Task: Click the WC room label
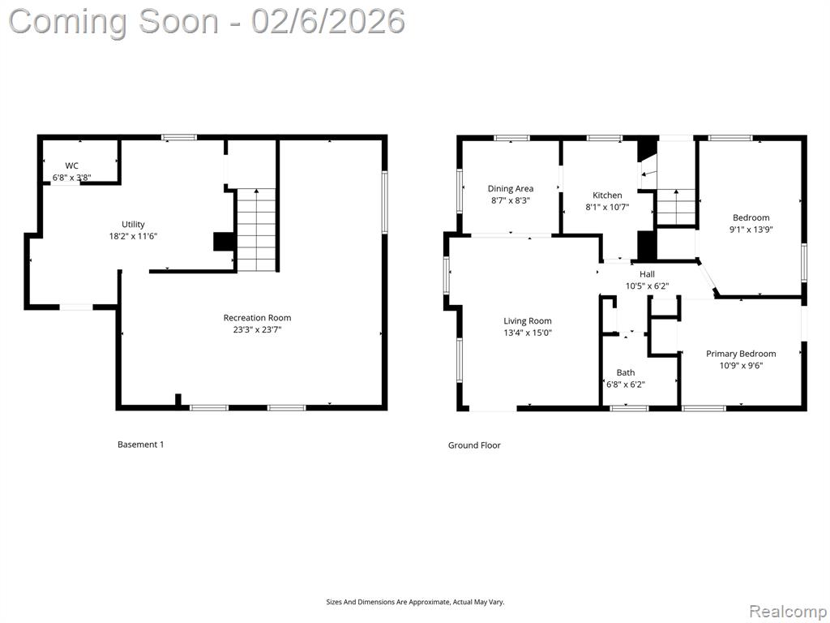pyautogui.click(x=71, y=165)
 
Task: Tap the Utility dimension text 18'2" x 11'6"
pyautogui.click(x=133, y=236)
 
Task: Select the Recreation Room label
pyautogui.click(x=257, y=318)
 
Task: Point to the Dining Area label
pyautogui.click(x=511, y=188)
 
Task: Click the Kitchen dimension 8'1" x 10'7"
pyautogui.click(x=607, y=207)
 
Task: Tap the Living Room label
pyautogui.click(x=527, y=321)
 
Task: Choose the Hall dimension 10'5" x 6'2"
pyautogui.click(x=647, y=286)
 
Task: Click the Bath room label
pyautogui.click(x=626, y=372)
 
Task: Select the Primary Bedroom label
pyautogui.click(x=741, y=354)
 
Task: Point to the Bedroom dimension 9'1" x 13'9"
pyautogui.click(x=751, y=230)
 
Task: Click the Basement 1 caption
pyautogui.click(x=141, y=445)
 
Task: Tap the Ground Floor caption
pyautogui.click(x=474, y=445)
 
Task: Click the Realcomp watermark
pyautogui.click(x=788, y=611)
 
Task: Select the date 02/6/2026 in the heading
pyautogui.click(x=328, y=22)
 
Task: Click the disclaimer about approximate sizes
pyautogui.click(x=415, y=603)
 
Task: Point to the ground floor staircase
pyautogui.click(x=676, y=207)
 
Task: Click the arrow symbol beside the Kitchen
pyautogui.click(x=649, y=174)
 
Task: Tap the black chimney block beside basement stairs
pyautogui.click(x=225, y=241)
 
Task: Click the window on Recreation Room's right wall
pyautogui.click(x=385, y=201)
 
